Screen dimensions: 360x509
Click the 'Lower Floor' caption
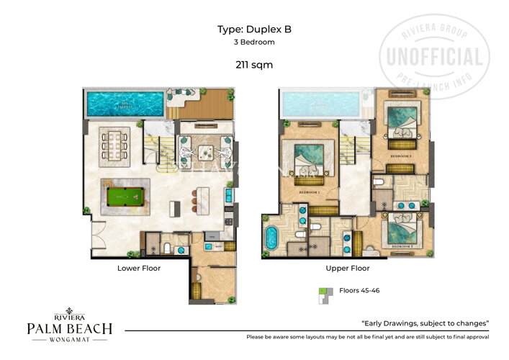(x=139, y=268)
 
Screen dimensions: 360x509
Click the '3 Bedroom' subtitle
(x=254, y=42)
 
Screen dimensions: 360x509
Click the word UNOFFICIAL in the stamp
(x=434, y=56)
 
